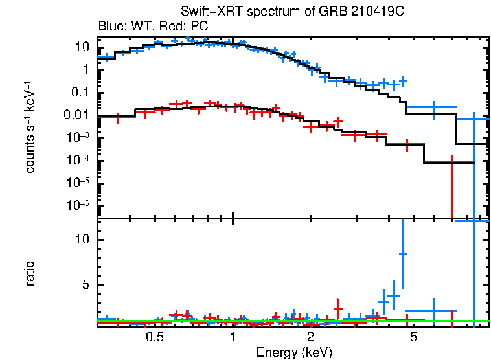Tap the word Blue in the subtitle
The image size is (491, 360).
click(110, 27)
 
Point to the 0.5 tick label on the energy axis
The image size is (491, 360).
click(154, 337)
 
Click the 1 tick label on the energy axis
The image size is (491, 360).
click(233, 337)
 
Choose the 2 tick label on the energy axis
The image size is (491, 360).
click(310, 337)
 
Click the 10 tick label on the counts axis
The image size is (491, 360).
click(82, 47)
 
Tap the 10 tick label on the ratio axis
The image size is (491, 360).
click(82, 240)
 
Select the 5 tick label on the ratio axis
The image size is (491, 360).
click(85, 285)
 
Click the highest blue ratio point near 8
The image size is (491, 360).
click(403, 254)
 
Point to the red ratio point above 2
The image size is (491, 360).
click(337, 309)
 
